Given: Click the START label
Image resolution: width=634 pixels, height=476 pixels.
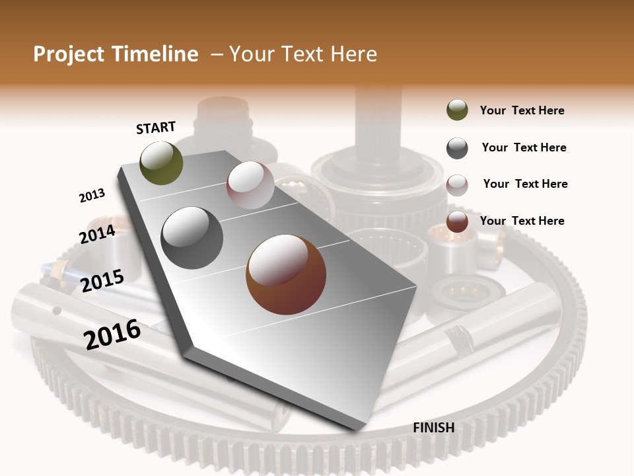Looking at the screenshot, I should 156,128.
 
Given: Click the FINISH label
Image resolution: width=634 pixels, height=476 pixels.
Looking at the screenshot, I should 433,428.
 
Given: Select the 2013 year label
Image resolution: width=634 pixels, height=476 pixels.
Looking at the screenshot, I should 92,196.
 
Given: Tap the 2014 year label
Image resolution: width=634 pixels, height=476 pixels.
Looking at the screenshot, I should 97,234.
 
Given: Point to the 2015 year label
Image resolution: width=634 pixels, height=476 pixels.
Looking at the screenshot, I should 102,281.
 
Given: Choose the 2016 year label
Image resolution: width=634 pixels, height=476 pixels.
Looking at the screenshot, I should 112,335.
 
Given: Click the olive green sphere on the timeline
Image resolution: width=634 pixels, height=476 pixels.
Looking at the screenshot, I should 161,163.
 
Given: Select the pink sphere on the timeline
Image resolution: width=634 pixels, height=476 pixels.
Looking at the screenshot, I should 250,185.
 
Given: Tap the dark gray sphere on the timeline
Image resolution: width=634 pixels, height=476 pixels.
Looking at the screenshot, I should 192,237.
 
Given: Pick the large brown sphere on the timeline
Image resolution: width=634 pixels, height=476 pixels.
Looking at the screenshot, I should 286,274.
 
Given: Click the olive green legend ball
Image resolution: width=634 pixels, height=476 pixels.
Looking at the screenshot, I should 457,110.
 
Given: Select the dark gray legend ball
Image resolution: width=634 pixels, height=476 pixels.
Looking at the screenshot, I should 457,148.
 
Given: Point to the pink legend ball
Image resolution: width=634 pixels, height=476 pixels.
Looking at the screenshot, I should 457,185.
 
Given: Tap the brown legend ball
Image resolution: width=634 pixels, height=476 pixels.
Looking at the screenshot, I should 457,221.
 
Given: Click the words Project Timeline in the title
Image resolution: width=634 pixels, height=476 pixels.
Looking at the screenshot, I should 116,54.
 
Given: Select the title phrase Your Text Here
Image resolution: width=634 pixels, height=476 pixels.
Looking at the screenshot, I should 302,54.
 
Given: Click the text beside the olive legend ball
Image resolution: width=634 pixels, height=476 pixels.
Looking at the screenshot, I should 522,110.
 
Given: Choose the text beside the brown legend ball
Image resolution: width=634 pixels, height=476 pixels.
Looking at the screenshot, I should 522,221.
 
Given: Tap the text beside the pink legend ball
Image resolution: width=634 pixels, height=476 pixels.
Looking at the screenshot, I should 525,184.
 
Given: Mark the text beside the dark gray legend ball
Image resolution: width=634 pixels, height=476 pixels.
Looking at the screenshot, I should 524,147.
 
